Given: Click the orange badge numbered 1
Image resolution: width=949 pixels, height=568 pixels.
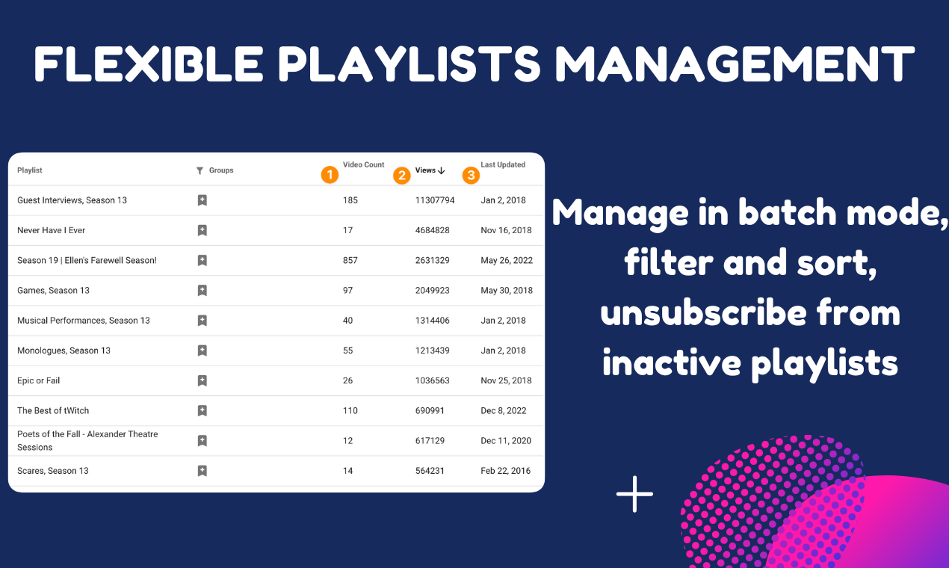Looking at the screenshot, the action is [330, 175].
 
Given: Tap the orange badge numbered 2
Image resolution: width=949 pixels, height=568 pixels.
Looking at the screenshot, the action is [401, 175].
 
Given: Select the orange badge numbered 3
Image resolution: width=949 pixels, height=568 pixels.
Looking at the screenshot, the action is [471, 175].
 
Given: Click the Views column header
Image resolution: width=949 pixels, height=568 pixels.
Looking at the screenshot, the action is [430, 170].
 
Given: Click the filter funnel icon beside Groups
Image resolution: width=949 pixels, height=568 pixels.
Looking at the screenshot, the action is [200, 170].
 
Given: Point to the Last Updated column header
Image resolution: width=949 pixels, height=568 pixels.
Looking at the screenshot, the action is [503, 164].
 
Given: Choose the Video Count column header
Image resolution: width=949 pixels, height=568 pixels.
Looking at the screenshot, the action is [363, 164].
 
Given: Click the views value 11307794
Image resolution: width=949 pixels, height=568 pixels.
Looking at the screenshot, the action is [435, 200].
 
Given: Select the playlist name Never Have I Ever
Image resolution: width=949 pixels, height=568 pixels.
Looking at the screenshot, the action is [52, 230].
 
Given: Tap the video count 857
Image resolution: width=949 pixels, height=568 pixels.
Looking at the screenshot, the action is [350, 260].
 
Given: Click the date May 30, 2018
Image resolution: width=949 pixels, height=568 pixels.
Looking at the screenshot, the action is [507, 291].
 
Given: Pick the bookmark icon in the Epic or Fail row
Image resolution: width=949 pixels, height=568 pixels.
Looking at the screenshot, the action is [202, 380].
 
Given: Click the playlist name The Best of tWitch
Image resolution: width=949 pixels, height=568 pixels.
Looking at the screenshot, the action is [53, 410].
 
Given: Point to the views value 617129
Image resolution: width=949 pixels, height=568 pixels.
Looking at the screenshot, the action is [430, 440].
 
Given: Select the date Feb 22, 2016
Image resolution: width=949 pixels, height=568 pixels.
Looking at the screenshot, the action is [505, 471].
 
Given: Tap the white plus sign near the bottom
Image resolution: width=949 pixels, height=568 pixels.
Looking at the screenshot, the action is [634, 494].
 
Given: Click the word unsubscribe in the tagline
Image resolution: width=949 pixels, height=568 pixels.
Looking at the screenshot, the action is [703, 312].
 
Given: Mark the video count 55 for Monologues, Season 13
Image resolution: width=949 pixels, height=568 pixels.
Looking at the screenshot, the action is [347, 351].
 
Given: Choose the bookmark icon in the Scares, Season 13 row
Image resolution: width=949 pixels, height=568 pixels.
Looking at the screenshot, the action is [202, 471].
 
